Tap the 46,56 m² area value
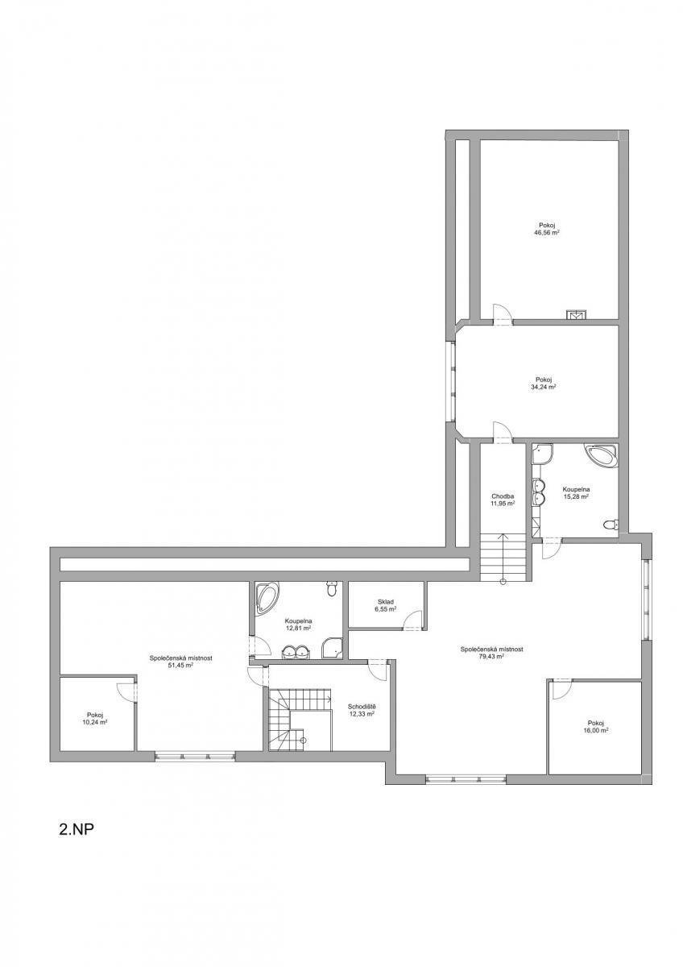pos(547,232)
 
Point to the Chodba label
pos(502,496)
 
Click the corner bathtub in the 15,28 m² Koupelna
pos(603,455)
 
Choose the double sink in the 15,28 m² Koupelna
pos(540,492)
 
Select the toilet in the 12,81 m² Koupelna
pos(331,589)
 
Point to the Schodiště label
pos(362,708)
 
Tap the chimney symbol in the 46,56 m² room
pos(576,315)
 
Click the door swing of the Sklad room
pos(413,620)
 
